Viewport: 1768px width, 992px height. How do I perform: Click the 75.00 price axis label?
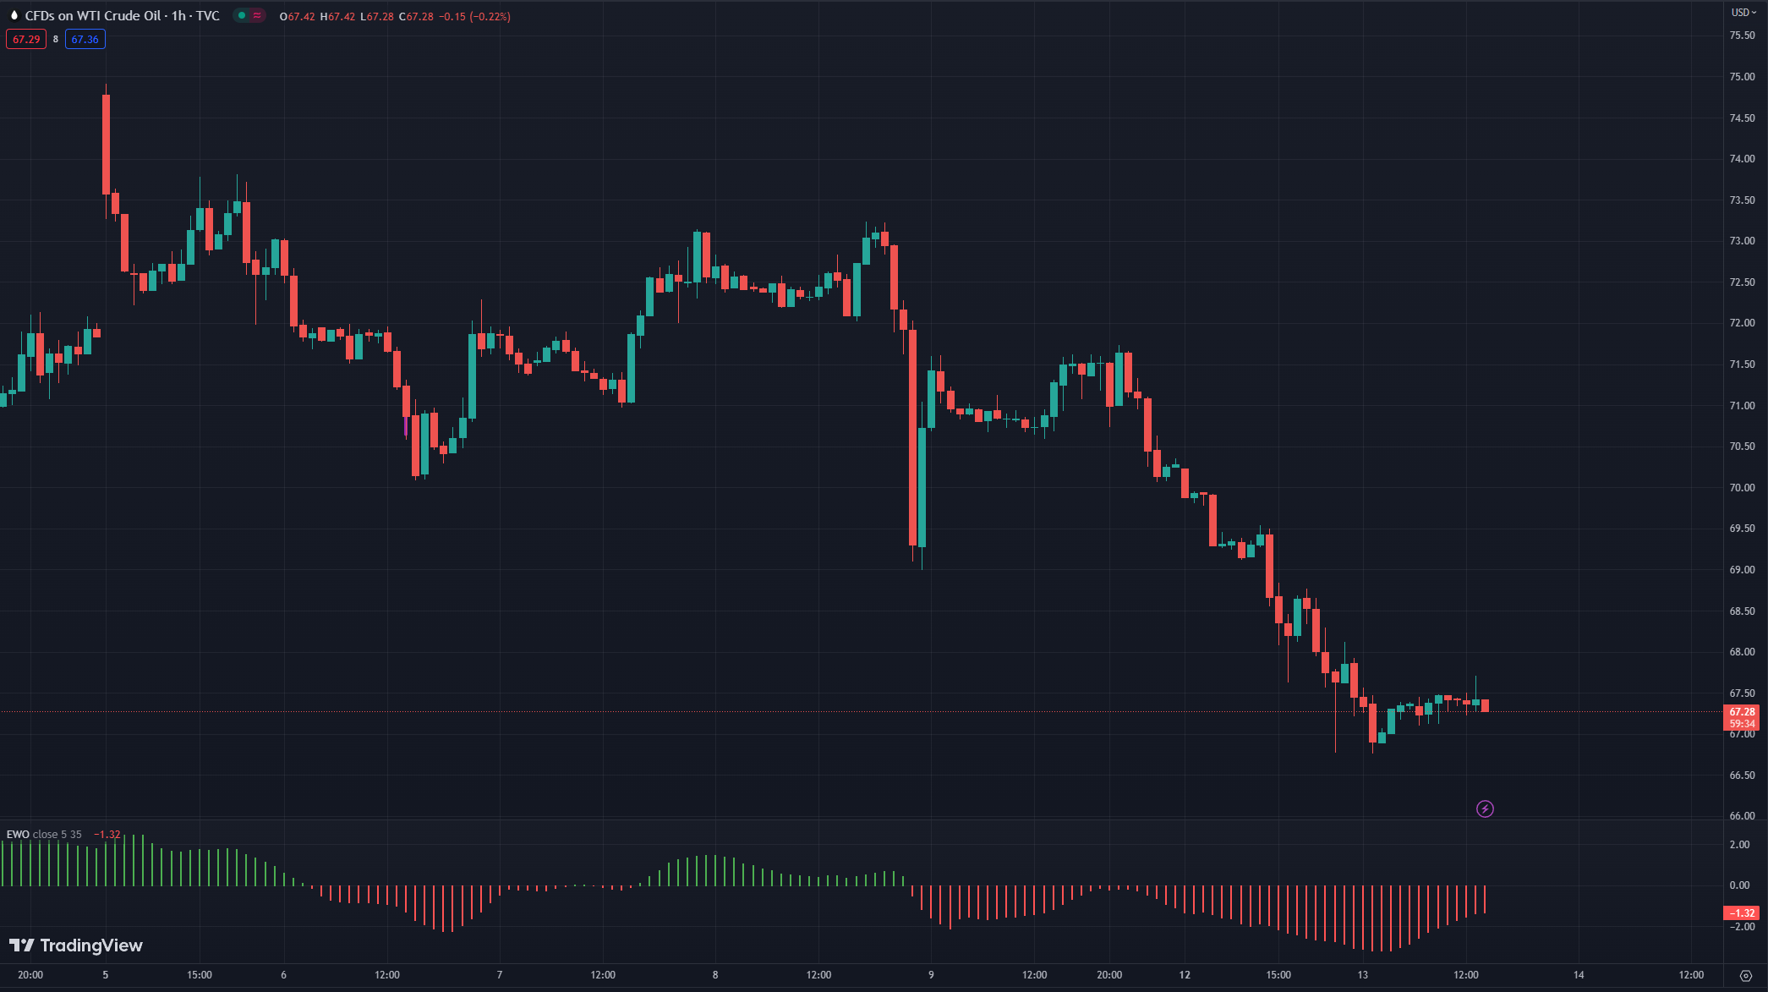[x=1742, y=77]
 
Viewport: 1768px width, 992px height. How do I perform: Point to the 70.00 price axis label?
[x=1742, y=488]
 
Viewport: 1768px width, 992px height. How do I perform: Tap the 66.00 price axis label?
[x=1742, y=816]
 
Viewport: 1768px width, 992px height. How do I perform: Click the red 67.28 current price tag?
[x=1741, y=712]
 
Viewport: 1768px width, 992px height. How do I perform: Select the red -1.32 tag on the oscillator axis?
[x=1741, y=913]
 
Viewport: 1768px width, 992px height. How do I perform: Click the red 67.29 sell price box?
[x=26, y=40]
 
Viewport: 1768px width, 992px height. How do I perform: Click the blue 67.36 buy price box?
[x=85, y=40]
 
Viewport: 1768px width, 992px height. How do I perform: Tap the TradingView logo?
[x=76, y=945]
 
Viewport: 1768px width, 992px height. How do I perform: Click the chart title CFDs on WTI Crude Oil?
[x=93, y=16]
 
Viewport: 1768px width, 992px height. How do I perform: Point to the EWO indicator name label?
[x=19, y=835]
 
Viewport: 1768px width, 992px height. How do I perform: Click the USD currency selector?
[x=1743, y=13]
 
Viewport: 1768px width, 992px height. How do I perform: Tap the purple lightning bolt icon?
[x=1485, y=809]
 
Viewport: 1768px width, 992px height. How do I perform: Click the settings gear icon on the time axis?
[x=1745, y=976]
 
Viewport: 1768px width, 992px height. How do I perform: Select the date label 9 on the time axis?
[x=931, y=975]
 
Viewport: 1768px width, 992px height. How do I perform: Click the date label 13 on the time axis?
[x=1362, y=975]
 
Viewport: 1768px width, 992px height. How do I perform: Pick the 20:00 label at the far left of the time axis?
[x=30, y=975]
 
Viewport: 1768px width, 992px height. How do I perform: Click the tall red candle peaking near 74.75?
[x=106, y=144]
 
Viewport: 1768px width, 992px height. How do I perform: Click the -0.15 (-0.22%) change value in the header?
[x=474, y=17]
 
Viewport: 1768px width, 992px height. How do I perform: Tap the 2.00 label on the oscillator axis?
[x=1739, y=845]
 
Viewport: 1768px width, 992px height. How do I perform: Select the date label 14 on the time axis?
[x=1579, y=975]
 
